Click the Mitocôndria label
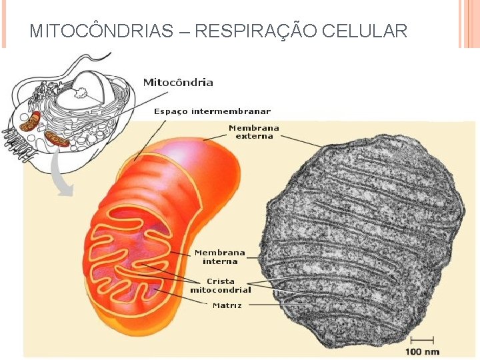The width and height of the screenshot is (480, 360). [178, 83]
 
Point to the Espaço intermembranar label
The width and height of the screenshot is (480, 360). [212, 111]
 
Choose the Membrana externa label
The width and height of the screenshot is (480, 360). [254, 131]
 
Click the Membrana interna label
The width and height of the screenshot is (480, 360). [219, 257]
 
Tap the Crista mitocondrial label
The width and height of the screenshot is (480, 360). [220, 285]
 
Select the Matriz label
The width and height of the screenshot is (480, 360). [227, 305]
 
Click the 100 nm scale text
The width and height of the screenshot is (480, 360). [422, 351]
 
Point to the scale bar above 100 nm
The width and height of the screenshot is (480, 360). [427, 341]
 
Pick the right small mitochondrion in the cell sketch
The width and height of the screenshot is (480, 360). [57, 139]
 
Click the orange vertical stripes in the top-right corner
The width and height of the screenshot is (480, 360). [469, 23]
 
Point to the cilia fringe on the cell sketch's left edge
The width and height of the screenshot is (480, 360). [16, 143]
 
